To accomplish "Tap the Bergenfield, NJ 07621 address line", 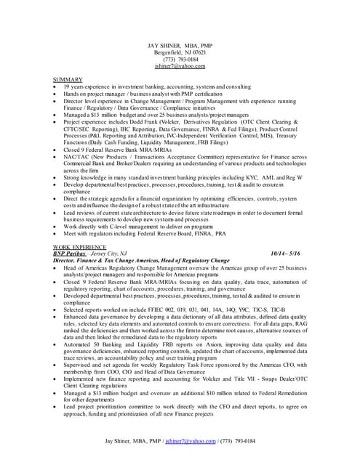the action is pyautogui.click(x=180, y=54).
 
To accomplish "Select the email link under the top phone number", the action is pyautogui.click(x=180, y=66).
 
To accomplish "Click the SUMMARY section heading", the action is pyautogui.click(x=68, y=79).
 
